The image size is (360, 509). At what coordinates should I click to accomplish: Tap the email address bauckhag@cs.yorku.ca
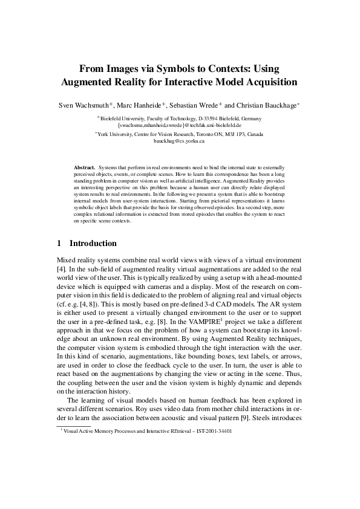coord(180,141)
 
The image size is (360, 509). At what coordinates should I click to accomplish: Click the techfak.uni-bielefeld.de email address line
coord(180,126)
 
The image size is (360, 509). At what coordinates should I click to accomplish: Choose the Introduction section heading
coord(93,244)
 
